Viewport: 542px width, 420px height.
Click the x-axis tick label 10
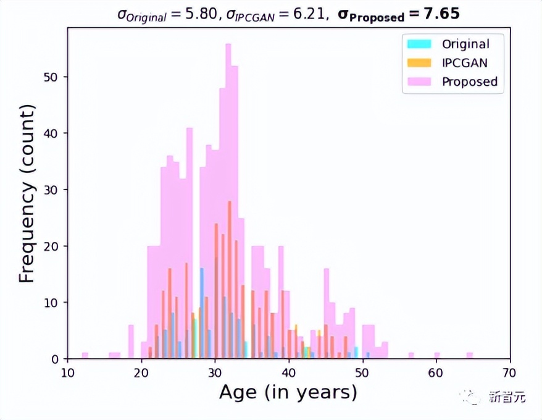[68, 372]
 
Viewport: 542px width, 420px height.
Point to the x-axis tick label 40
[289, 372]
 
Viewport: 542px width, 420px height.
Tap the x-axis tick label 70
[510, 372]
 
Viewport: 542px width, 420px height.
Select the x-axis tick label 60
[436, 372]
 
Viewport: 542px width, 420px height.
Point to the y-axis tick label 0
[57, 359]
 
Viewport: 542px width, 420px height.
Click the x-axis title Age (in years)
[288, 393]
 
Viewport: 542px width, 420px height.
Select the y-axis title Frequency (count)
[26, 194]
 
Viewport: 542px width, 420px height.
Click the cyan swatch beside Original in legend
[418, 44]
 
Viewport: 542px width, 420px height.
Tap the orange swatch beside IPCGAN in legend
[418, 62]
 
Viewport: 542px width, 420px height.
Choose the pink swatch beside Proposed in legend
[418, 82]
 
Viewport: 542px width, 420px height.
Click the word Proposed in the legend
[469, 82]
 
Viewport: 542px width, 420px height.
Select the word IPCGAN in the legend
[465, 62]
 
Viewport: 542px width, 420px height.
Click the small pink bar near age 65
[470, 355]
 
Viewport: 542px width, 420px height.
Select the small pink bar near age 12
[85, 355]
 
